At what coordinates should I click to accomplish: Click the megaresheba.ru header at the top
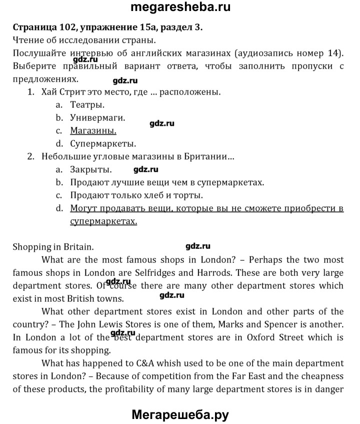[x=180, y=8]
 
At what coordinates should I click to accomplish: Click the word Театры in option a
[x=87, y=105]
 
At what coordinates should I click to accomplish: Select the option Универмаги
[x=97, y=118]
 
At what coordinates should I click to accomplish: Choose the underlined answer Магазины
[x=93, y=131]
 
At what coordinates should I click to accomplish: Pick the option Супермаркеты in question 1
[x=103, y=144]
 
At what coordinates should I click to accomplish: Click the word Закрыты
[x=91, y=169]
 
